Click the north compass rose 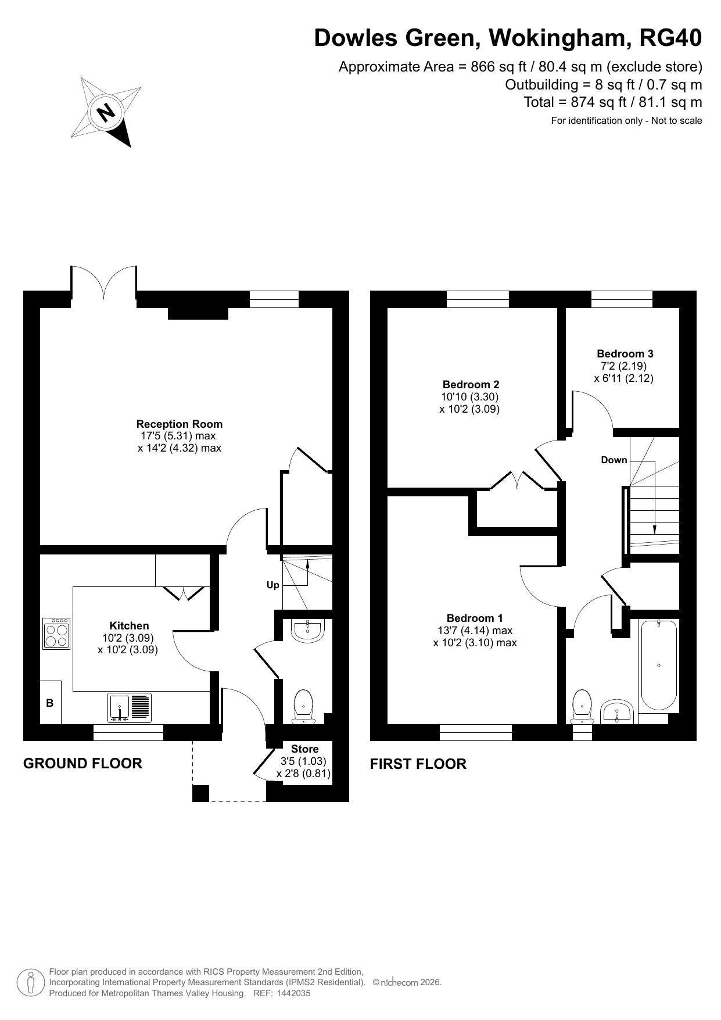click(x=106, y=112)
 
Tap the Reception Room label click(x=180, y=424)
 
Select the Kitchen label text click(x=129, y=626)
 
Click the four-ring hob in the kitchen click(x=56, y=634)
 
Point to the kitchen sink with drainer click(x=130, y=708)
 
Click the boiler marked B click(x=50, y=703)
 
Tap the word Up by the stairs click(x=273, y=585)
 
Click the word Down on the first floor click(x=614, y=460)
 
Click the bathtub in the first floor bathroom click(x=659, y=665)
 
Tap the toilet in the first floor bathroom click(x=582, y=707)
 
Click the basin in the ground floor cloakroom click(x=307, y=631)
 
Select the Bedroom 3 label click(x=625, y=354)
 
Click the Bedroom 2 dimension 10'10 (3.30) click(x=469, y=397)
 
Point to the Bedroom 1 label click(x=475, y=618)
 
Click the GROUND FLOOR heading click(x=82, y=763)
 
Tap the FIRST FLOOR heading click(x=418, y=764)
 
